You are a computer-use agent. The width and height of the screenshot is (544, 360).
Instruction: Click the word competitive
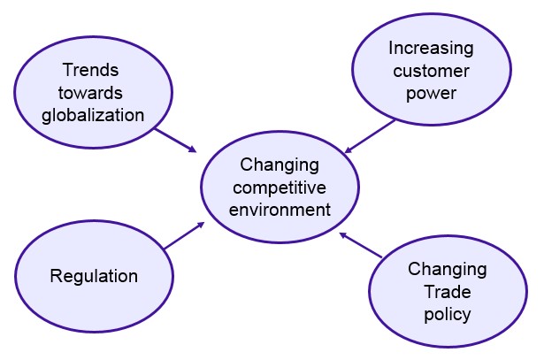(x=279, y=188)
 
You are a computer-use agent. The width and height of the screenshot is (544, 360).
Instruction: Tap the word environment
(x=279, y=210)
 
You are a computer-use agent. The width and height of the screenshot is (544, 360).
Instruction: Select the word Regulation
(x=93, y=276)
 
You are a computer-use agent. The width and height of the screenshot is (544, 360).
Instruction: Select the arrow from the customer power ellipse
(x=370, y=136)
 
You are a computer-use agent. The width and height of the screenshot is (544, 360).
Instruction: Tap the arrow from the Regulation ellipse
(x=184, y=235)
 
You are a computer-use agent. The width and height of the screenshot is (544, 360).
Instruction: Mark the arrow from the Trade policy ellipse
(x=361, y=245)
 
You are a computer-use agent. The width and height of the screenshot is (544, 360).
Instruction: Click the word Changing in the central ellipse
(x=279, y=165)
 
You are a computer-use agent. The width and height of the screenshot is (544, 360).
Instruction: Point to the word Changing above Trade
(x=447, y=269)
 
